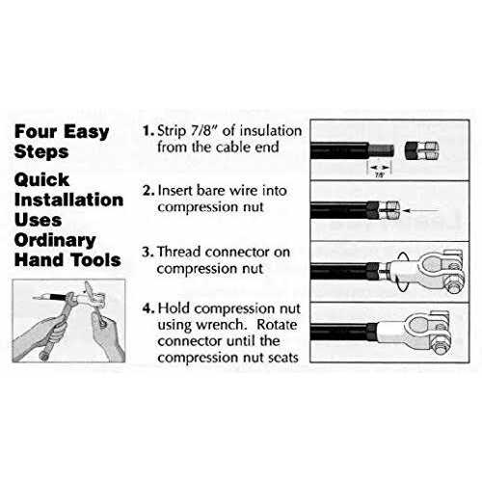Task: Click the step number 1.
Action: [x=146, y=130]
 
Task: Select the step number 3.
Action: [x=146, y=253]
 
